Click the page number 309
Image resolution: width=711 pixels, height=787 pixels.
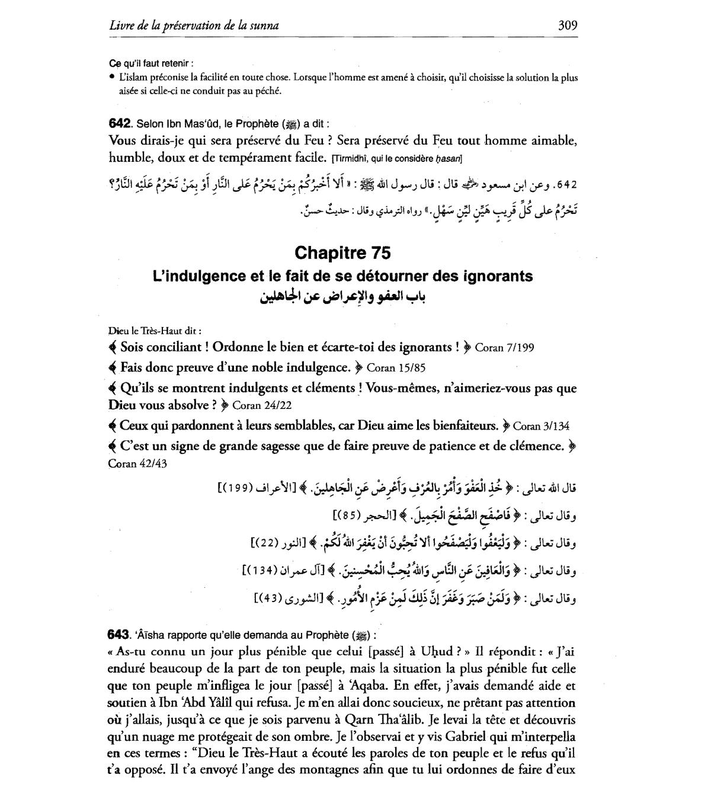[x=567, y=25]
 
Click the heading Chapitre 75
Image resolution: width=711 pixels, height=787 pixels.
[x=342, y=253]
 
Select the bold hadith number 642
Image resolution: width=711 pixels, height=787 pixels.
[x=120, y=124]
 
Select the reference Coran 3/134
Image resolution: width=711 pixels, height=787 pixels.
[x=541, y=426]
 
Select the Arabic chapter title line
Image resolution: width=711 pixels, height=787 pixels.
[x=342, y=296]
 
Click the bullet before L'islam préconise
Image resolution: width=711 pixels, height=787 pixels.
[x=112, y=78]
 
